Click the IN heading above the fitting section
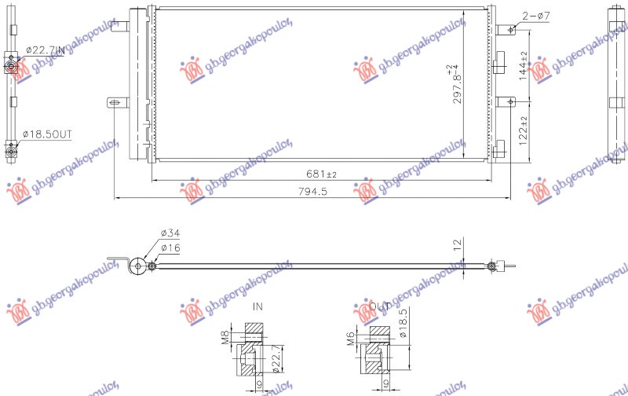click(x=257, y=306)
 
